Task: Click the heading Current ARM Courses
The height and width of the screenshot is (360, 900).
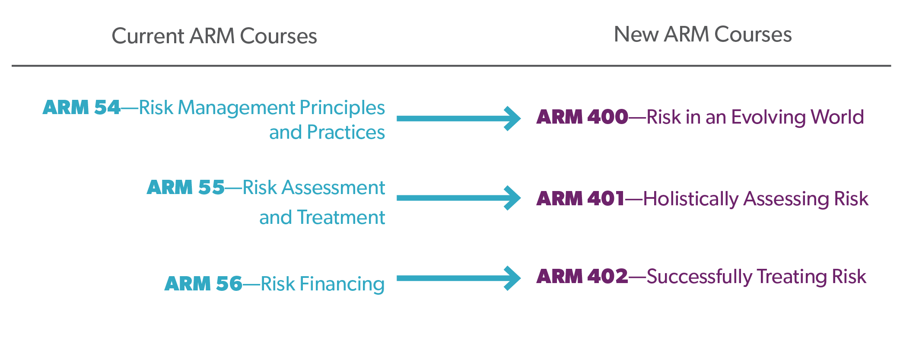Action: (x=214, y=36)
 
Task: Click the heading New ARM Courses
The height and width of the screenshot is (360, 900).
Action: (x=703, y=34)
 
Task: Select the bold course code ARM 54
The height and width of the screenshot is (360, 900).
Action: (x=82, y=108)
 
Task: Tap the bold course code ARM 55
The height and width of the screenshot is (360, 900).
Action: (x=186, y=188)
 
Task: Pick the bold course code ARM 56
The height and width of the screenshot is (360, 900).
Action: (x=204, y=284)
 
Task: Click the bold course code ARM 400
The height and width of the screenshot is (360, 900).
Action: (x=582, y=117)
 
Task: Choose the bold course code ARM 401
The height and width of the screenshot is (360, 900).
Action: (x=581, y=199)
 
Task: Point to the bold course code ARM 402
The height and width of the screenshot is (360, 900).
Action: (x=582, y=277)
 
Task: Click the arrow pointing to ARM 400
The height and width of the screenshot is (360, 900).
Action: (x=459, y=118)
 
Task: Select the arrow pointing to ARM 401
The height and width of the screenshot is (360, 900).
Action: (x=459, y=198)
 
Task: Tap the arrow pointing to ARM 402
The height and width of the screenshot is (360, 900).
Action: (x=459, y=278)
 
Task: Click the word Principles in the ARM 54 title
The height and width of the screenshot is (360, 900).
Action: (x=342, y=108)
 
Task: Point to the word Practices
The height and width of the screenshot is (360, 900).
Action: (x=346, y=132)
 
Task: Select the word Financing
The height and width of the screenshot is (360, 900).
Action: (x=342, y=284)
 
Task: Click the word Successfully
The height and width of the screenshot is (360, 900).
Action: (x=700, y=277)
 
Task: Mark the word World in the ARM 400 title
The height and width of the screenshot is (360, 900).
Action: (x=837, y=117)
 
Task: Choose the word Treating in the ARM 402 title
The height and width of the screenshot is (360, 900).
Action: (x=792, y=277)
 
